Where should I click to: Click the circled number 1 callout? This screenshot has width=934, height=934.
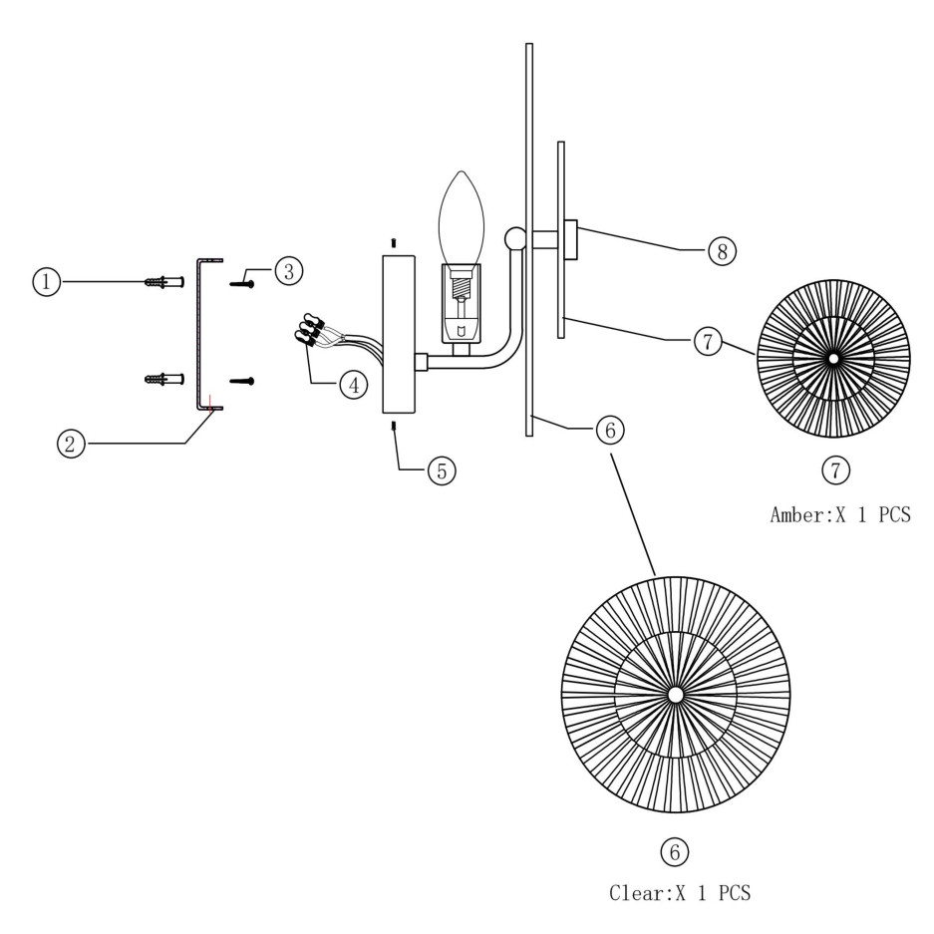(45, 282)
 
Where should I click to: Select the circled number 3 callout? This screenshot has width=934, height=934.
(289, 270)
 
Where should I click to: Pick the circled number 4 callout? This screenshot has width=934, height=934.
(353, 384)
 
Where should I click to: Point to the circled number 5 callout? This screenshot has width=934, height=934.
(442, 469)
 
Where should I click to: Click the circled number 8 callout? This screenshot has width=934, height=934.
(722, 250)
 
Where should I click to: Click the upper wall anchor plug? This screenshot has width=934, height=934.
(165, 282)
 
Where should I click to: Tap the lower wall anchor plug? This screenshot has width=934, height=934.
(165, 379)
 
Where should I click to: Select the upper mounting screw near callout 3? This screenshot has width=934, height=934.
(243, 284)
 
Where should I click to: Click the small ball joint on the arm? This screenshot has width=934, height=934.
(515, 239)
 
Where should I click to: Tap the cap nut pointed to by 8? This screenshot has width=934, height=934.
(571, 239)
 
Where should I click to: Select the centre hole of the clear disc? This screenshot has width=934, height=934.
(676, 694)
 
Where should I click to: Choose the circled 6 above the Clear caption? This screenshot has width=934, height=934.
(675, 851)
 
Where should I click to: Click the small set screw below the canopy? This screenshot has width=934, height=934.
(396, 427)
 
